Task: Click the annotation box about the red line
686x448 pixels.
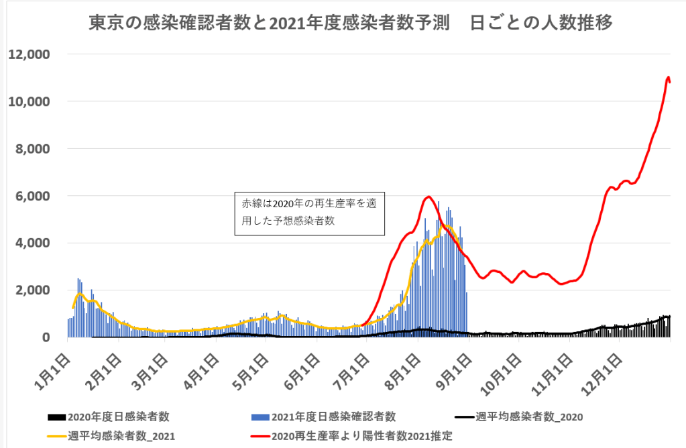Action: point(309,214)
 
